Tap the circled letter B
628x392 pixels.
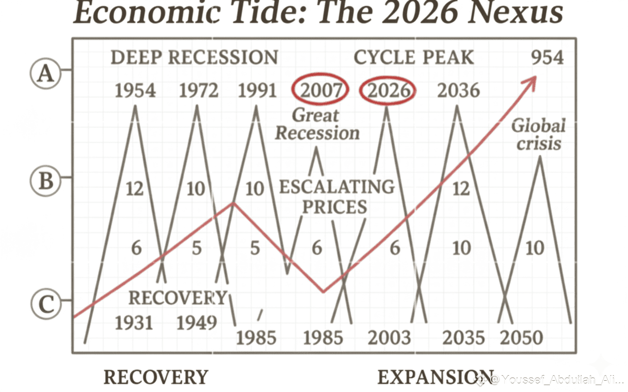(45, 180)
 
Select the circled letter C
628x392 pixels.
(46, 304)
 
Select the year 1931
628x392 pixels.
(134, 323)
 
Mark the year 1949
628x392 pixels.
(197, 323)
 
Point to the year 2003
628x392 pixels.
(389, 338)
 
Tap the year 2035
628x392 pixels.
(464, 338)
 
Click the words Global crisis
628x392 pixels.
(538, 134)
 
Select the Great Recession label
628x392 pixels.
(317, 124)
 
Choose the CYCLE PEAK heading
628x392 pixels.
(414, 57)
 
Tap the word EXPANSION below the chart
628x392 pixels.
(436, 377)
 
